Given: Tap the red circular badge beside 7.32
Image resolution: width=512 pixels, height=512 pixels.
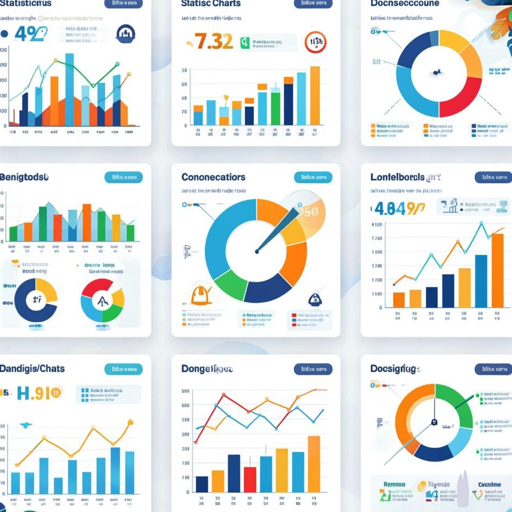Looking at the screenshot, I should (315, 42).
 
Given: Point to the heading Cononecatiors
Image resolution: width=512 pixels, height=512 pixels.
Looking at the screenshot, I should (213, 177).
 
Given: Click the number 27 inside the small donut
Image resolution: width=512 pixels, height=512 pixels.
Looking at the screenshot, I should (37, 300).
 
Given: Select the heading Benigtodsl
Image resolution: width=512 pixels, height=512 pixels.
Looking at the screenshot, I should (24, 177).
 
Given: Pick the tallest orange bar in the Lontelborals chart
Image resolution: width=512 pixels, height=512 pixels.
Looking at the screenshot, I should (498, 270).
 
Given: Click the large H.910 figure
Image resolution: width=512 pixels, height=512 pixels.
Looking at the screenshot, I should (39, 393).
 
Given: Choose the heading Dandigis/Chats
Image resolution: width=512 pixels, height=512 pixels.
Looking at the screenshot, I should (32, 369).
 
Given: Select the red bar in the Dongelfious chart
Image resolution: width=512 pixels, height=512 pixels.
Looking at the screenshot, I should (250, 479).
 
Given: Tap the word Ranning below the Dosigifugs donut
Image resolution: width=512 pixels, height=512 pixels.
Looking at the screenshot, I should (394, 484).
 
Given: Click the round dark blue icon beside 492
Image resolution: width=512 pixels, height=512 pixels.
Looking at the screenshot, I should (126, 34).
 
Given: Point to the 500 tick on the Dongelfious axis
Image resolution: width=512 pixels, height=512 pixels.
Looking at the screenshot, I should (185, 391).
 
